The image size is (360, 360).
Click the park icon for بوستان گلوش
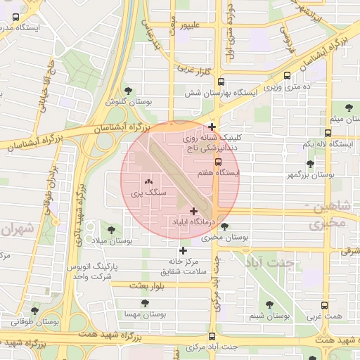(128, 90)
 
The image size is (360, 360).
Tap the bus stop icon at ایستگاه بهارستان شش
(221, 82)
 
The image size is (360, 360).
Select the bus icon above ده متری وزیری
(287, 76)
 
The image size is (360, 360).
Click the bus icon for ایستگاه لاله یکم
(328, 133)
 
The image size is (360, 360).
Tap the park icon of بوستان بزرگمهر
(310, 163)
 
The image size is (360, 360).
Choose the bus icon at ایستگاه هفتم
(218, 162)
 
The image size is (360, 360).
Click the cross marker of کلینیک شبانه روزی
(212, 127)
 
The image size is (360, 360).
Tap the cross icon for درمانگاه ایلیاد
(193, 211)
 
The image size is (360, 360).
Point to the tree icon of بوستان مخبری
(224, 226)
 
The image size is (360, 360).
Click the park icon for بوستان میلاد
(110, 229)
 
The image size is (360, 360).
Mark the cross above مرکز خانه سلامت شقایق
(184, 250)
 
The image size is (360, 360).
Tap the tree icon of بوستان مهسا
(145, 303)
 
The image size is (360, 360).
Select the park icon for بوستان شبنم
(269, 305)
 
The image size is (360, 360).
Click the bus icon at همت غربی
(324, 306)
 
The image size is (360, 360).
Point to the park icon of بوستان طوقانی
(34, 310)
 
